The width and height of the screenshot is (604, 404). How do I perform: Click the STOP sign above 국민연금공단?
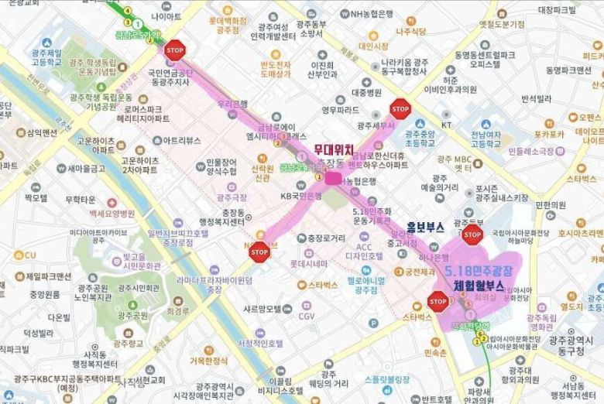[x=175, y=50]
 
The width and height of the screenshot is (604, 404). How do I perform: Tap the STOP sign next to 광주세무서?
[x=400, y=108]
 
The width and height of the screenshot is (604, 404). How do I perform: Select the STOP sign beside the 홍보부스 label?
[x=472, y=235]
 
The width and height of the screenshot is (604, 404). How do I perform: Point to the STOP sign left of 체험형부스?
[x=438, y=301]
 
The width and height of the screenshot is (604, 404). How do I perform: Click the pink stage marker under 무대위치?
[x=333, y=178]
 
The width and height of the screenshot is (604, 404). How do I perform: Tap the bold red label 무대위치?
[x=334, y=149]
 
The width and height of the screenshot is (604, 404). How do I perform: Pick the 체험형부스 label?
[x=479, y=286]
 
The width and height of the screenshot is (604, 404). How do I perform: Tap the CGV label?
[x=307, y=316]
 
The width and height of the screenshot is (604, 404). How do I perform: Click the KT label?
[x=446, y=125]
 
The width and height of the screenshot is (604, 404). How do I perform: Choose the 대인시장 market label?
[x=375, y=46]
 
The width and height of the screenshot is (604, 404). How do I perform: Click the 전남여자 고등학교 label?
[x=486, y=140]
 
